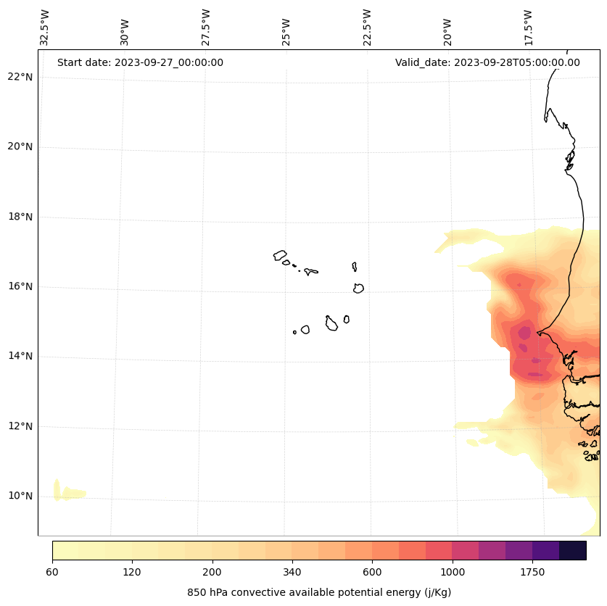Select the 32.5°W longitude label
45,28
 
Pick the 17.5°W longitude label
529,28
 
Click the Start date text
140,62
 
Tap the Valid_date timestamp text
487,62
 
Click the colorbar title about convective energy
319,592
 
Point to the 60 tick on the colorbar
52,572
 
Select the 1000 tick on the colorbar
453,572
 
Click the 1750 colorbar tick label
532,572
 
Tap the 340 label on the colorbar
292,572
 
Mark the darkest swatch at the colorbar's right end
573,550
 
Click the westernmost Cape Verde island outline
280,255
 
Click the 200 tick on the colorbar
212,572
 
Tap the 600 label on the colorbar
372,572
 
